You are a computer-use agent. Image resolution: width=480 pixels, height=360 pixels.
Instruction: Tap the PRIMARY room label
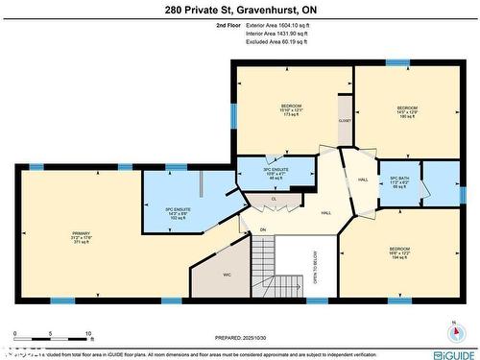[80, 237]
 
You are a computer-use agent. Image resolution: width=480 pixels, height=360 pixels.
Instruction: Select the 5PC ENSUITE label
[166, 209]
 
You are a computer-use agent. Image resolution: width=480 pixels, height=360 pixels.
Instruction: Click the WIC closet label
[228, 275]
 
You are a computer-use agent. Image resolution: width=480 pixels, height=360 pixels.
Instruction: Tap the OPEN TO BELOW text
[314, 268]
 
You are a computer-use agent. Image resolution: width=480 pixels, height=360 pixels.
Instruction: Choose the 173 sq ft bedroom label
[291, 109]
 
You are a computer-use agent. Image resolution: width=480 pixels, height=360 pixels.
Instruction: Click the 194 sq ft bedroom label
[399, 253]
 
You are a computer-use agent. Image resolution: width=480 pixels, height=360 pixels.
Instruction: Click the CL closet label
[274, 200]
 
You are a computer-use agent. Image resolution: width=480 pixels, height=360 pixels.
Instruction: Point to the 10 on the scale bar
[89, 334]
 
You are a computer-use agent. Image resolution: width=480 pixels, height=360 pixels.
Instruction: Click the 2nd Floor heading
[228, 26]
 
